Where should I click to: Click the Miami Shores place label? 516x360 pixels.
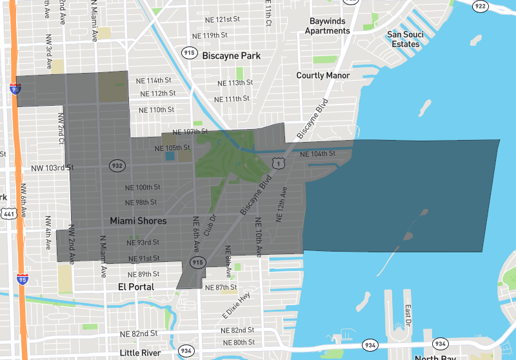[138, 221]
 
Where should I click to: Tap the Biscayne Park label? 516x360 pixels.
[232, 56]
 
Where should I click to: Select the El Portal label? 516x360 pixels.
[136, 286]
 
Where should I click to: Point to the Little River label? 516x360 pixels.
[141, 353]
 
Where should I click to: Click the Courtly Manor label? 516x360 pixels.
[323, 75]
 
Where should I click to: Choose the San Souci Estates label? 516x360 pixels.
[405, 39]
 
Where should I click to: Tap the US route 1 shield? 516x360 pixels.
[278, 165]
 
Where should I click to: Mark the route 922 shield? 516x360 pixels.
[480, 6]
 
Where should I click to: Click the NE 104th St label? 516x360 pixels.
[318, 154]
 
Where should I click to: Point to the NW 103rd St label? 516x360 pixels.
[52, 168]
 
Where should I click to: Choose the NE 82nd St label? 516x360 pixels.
[139, 334]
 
